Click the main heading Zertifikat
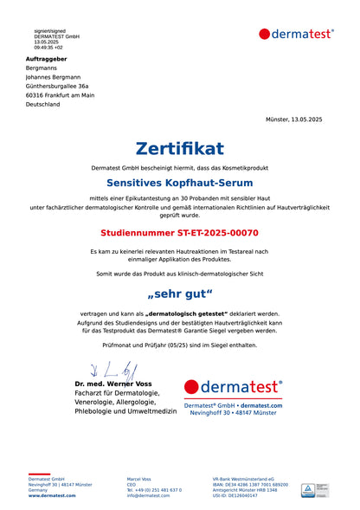pos(180,148)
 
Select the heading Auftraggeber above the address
pos(46,59)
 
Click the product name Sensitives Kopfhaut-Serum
pos(180,184)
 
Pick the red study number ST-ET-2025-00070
pos(180,233)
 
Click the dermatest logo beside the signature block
pos(234,387)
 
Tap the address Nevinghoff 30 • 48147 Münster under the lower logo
pos(234,413)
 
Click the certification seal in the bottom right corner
pos(312,489)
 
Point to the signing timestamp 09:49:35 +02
pos(48,47)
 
